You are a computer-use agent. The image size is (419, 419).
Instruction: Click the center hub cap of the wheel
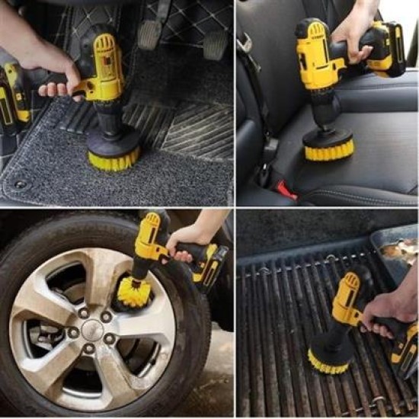[x=92, y=330]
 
